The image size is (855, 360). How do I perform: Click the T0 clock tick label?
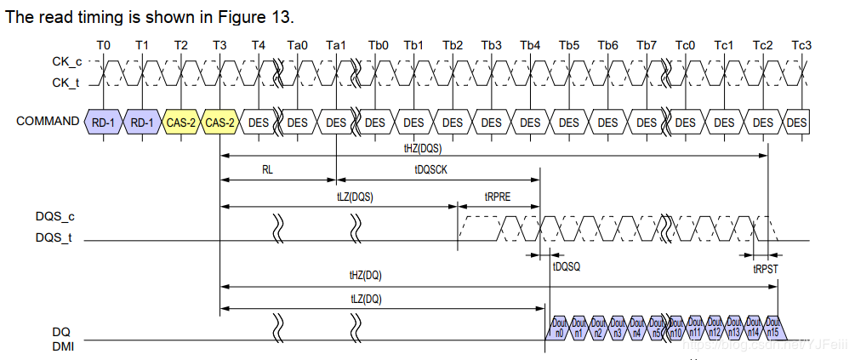tap(104, 45)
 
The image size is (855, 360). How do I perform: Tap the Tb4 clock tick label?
tap(530, 45)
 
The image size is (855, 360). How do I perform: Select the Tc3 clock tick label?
tap(801, 45)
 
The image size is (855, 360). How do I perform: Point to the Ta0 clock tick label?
tap(298, 45)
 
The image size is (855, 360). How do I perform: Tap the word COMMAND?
tap(48, 122)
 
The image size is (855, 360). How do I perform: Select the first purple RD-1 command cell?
tap(104, 123)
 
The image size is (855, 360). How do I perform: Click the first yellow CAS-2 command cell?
tap(181, 123)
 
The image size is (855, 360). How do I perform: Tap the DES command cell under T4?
tap(259, 123)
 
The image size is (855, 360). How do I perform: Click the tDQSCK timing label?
tap(432, 169)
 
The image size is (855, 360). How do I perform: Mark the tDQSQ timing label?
tap(567, 266)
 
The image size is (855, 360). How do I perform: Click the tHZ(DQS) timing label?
tap(423, 147)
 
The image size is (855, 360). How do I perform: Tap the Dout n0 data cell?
tap(559, 328)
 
